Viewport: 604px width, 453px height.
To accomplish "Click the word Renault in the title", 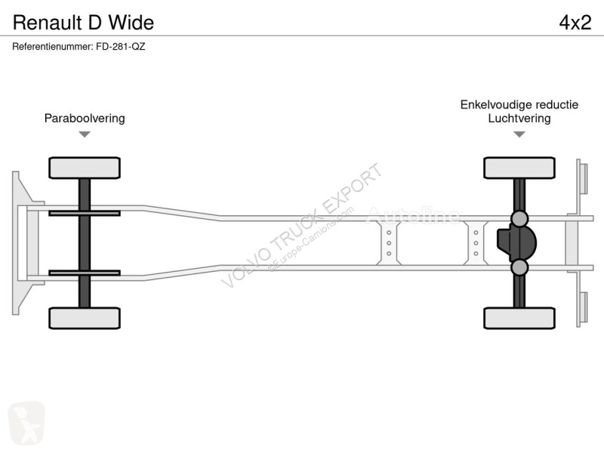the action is pos(48,23).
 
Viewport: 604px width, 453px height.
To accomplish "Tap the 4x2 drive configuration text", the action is pos(575,23).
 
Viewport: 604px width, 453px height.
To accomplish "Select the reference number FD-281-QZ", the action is pos(121,47).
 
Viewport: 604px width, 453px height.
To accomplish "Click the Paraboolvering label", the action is pos(85,119).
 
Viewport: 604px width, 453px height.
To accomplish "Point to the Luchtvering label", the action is pos(519,119).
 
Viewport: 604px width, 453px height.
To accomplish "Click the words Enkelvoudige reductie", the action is pos(519,104).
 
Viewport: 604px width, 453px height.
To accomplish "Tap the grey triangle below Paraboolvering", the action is pos(85,134).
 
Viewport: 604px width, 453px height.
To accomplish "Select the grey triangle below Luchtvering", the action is pos(519,134).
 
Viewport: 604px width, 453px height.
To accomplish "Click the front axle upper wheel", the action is pos(85,168).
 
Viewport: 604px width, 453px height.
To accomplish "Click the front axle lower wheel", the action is pos(85,318).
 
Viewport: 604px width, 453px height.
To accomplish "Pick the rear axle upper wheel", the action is pos(519,168).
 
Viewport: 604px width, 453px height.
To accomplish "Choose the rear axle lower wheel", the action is pos(519,318).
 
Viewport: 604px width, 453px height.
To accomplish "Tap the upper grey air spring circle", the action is pos(519,218).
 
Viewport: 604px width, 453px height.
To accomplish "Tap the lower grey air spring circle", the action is pos(519,267).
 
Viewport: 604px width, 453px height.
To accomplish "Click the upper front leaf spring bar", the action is pos(85,213).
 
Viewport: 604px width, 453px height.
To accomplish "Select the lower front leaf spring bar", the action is pos(85,273).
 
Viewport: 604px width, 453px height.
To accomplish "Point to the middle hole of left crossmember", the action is pos(389,243).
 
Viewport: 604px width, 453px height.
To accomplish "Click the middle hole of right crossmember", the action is pos(476,243).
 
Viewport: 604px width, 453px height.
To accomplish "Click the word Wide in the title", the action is pos(131,23).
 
